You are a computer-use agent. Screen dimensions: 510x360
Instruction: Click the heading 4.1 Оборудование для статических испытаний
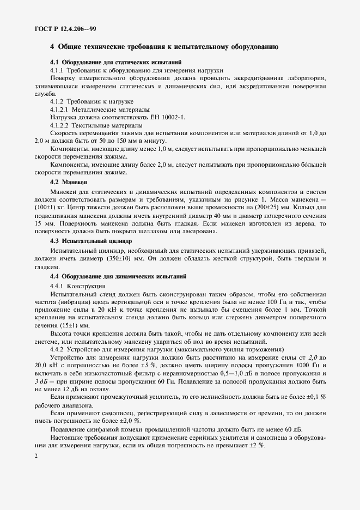click(x=119, y=63)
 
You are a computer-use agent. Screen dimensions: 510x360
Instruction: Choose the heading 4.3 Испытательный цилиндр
click(x=90, y=240)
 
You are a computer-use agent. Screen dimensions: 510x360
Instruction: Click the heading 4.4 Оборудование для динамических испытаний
click(x=118, y=277)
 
